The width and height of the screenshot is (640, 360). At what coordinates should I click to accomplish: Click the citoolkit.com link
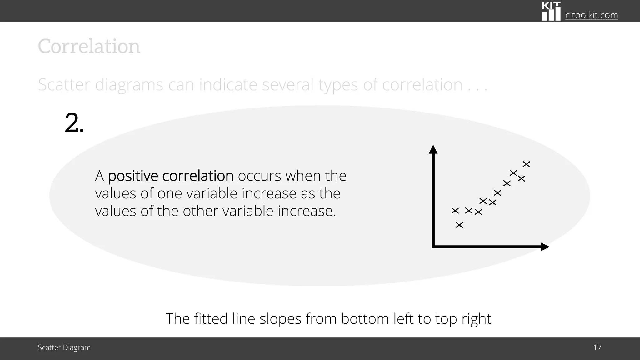point(592,15)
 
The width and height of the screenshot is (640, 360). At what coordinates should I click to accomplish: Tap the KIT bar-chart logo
point(551,12)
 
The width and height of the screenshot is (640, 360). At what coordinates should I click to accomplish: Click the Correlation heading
point(89,47)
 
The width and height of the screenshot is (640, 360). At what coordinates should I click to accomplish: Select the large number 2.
point(74,123)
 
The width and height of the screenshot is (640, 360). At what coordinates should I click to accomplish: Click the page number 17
point(597,347)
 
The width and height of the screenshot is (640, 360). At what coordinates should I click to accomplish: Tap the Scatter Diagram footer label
point(64,347)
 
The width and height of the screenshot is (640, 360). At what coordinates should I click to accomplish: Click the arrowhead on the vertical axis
point(433,149)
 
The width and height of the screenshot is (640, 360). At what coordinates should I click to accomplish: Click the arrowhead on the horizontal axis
point(545,247)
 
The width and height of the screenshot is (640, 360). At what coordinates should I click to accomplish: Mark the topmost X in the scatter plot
point(527,164)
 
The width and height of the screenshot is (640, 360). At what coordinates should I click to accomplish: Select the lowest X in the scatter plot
point(459,225)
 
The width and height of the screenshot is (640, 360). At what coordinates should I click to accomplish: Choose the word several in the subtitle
point(287,85)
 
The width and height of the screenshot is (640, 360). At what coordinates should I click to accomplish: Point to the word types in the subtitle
point(338,85)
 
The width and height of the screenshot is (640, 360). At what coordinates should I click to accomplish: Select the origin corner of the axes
point(433,247)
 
